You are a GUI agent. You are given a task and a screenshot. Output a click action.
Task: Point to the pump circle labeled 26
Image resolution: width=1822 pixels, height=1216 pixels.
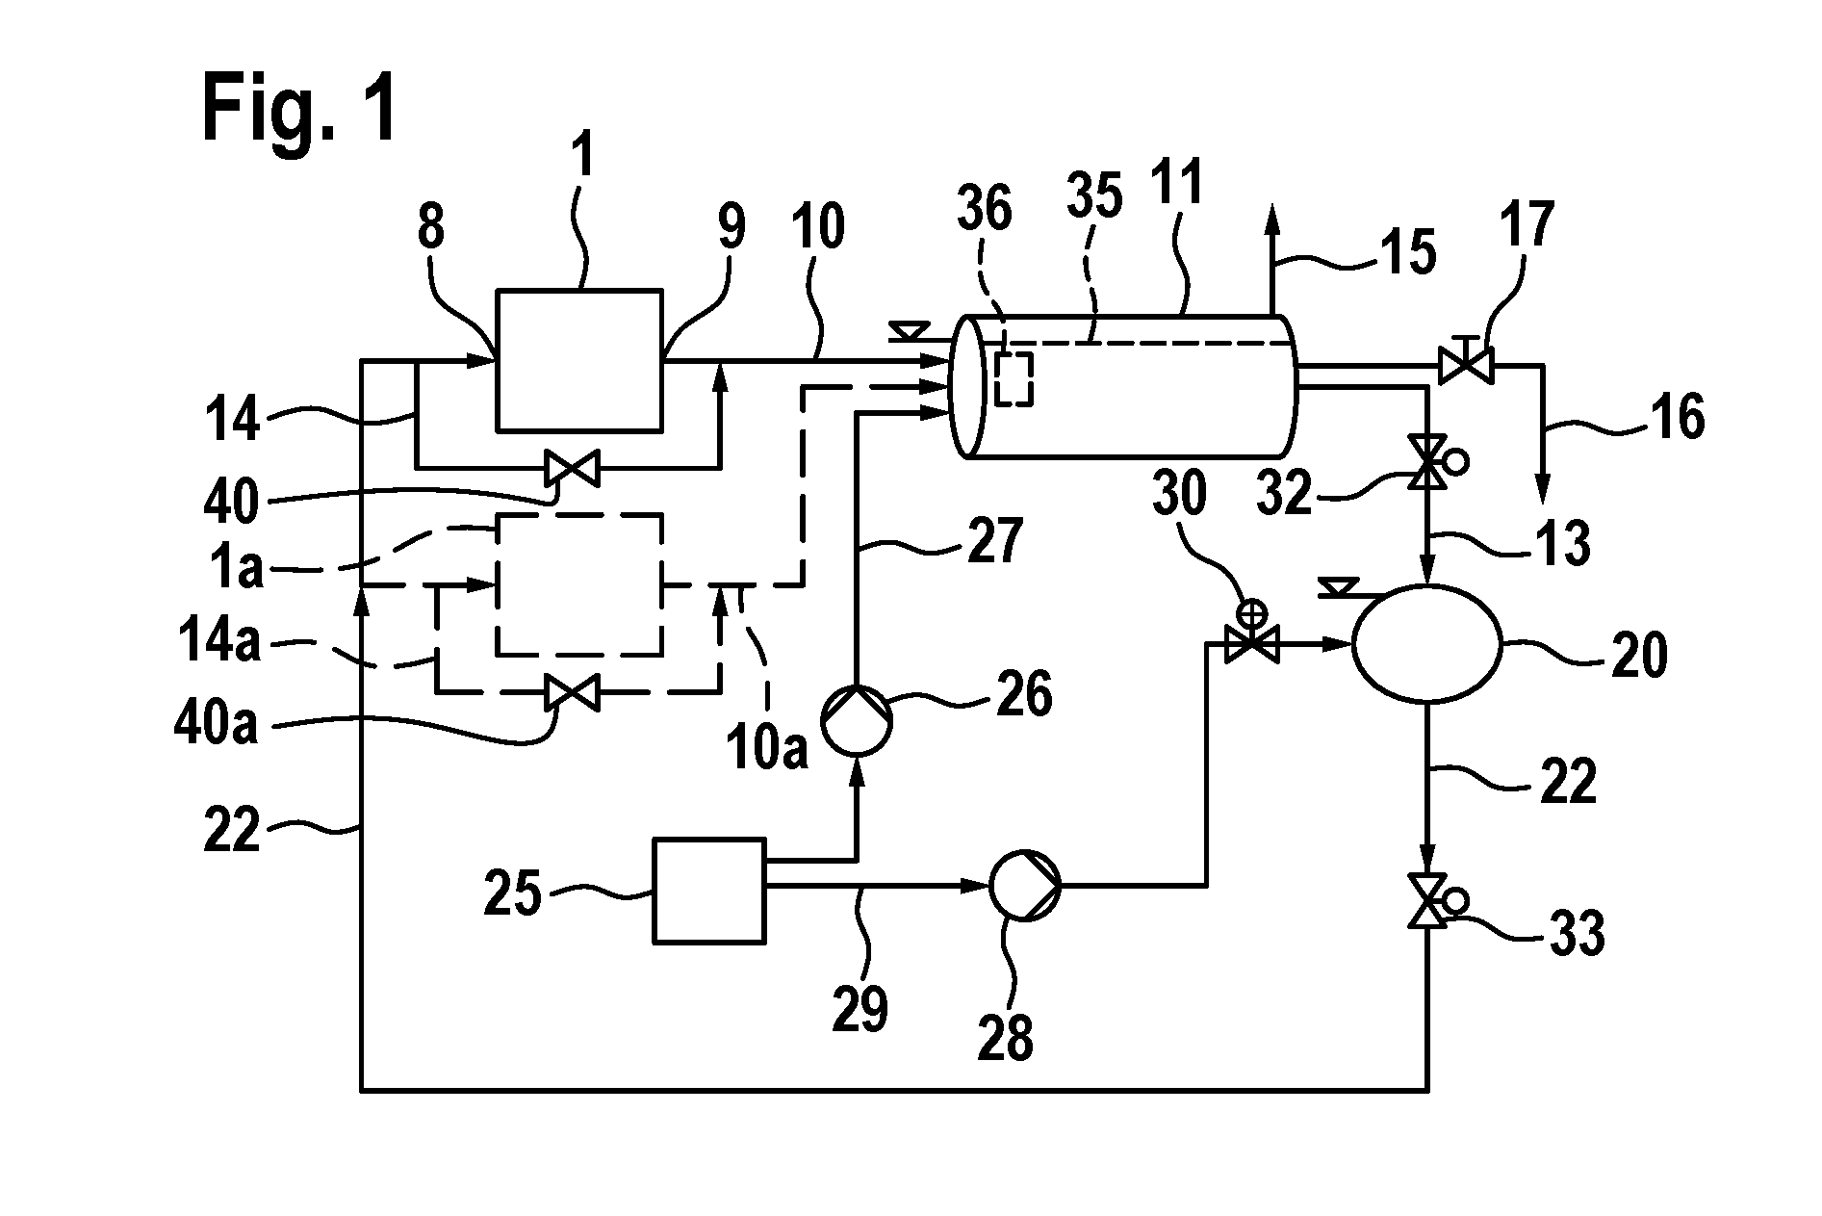[x=856, y=716]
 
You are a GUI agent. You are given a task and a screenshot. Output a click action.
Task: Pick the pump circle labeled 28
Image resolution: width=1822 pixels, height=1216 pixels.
[x=1026, y=885]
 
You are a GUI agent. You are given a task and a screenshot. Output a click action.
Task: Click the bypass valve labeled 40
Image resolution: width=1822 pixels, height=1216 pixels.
[x=571, y=469]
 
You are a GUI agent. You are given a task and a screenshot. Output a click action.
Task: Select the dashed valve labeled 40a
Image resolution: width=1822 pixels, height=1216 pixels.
[x=571, y=690]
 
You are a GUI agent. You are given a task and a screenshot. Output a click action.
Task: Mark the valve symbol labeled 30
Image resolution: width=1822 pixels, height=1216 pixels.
[x=1251, y=640]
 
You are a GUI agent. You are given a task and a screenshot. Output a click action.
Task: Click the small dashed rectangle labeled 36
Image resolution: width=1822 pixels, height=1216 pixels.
[x=1013, y=378]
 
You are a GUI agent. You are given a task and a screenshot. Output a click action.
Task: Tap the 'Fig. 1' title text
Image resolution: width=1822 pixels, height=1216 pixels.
[x=299, y=110]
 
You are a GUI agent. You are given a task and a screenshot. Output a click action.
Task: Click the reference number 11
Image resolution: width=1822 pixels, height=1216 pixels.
[x=1178, y=186]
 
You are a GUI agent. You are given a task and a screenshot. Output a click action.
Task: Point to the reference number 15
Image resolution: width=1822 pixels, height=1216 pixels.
[x=1409, y=252]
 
